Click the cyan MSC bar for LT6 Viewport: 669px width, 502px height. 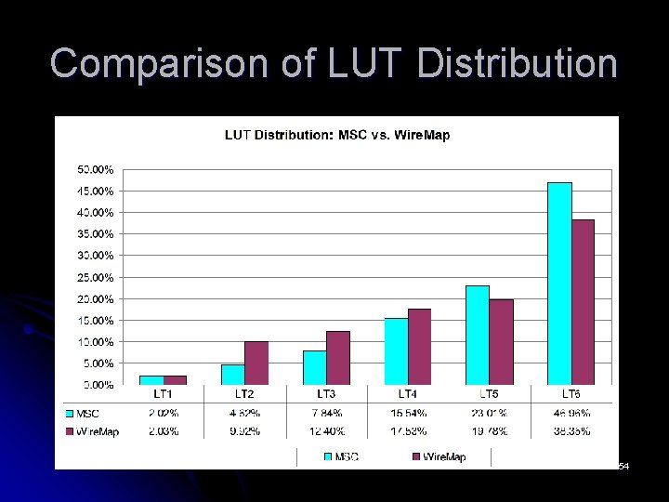pyautogui.click(x=559, y=284)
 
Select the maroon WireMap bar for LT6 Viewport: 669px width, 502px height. pyautogui.click(x=583, y=302)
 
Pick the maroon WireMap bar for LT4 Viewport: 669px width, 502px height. pyautogui.click(x=419, y=346)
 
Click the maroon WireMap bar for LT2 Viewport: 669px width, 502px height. pyautogui.click(x=256, y=363)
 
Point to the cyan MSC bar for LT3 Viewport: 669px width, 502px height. pyautogui.click(x=315, y=367)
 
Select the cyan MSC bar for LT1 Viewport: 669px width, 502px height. pyautogui.click(x=152, y=379)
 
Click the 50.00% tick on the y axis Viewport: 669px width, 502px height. pyautogui.click(x=96, y=170)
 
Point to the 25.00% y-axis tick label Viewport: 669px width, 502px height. pyautogui.click(x=96, y=278)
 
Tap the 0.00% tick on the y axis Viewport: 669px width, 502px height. pyautogui.click(x=98, y=385)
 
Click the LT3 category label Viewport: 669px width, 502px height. pyautogui.click(x=326, y=395)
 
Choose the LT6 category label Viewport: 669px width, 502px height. pyautogui.click(x=571, y=395)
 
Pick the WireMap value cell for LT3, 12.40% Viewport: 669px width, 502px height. pyautogui.click(x=326, y=431)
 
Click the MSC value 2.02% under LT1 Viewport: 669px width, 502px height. pyautogui.click(x=164, y=413)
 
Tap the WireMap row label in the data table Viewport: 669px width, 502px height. pyautogui.click(x=96, y=431)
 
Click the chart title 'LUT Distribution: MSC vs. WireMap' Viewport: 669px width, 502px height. pyautogui.click(x=337, y=136)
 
